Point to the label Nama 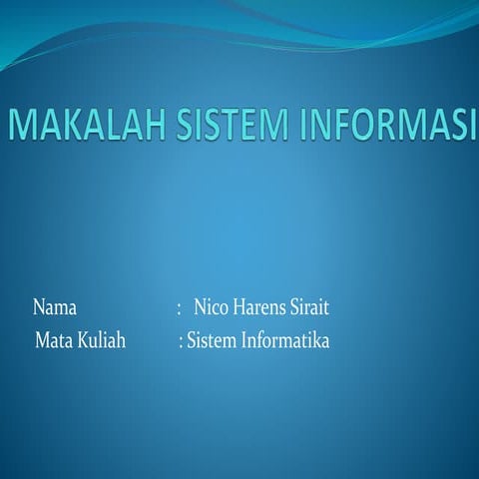point(55,306)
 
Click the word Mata point(53,341)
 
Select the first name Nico point(212,306)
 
